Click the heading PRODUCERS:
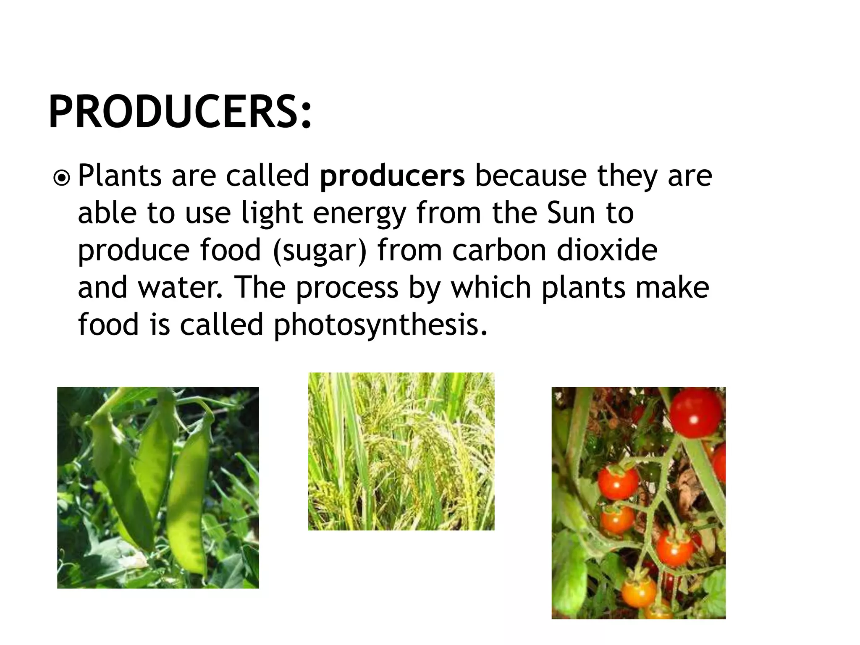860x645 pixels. click(x=181, y=112)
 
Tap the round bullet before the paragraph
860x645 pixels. click(x=62, y=178)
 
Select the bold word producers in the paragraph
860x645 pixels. click(x=392, y=176)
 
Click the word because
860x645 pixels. click(x=530, y=176)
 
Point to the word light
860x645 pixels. click(x=272, y=213)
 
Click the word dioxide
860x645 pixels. click(x=607, y=250)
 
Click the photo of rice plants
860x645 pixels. click(x=401, y=451)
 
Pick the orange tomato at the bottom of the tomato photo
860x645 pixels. click(x=638, y=592)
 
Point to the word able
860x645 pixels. click(x=107, y=213)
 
